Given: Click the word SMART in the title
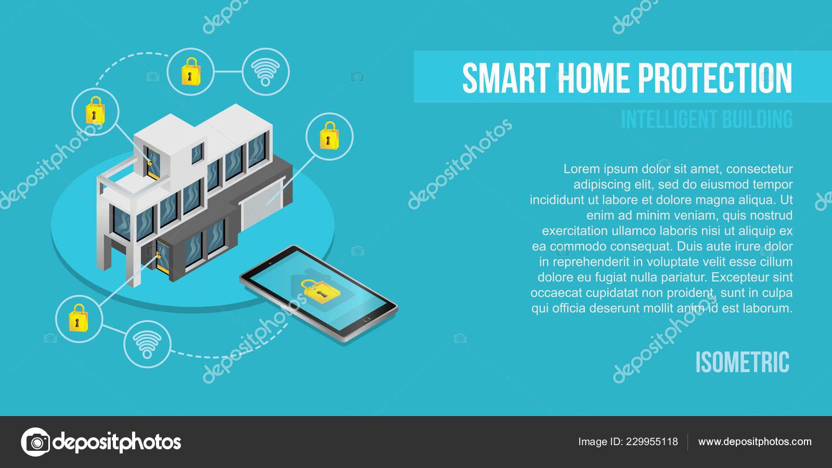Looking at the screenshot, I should pos(499,79).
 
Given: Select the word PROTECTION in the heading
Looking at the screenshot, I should pos(714,79).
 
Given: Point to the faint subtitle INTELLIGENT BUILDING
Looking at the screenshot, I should pos(706,120).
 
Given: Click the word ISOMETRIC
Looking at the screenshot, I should pos(742,362).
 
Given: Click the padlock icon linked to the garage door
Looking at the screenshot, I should pos(329,136).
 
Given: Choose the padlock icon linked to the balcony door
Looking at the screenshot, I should pos(95,111).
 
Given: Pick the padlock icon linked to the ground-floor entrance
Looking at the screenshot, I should pos(79,318).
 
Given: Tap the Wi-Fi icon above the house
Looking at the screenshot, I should pos(266,72).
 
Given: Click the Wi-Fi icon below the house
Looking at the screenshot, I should pos(147,344).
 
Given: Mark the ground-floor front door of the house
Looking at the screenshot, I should pos(163,256).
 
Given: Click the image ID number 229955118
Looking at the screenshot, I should pos(652,442).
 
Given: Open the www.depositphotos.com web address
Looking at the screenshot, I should pos(755,442).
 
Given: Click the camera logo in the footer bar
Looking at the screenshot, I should pos(36,442).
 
